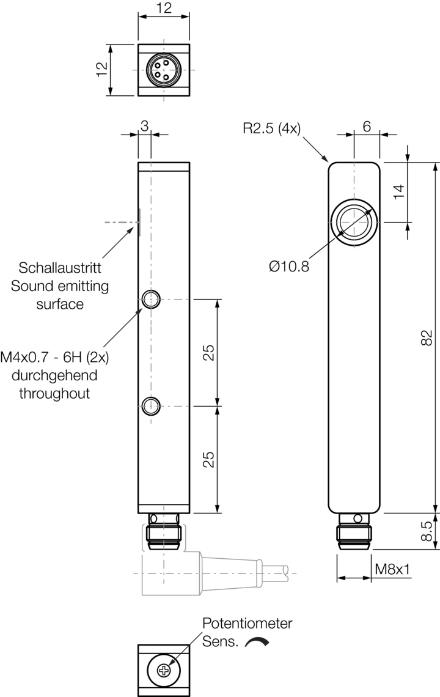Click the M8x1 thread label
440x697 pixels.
point(392,569)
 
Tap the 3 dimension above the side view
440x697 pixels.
point(144,126)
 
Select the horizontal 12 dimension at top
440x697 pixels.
point(164,8)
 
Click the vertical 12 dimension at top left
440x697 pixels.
point(102,69)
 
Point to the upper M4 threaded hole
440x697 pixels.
point(150,299)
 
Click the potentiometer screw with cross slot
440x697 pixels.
point(164,671)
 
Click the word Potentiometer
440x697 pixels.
point(248,624)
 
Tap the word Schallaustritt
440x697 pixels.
point(60,268)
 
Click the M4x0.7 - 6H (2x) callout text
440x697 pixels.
point(59,357)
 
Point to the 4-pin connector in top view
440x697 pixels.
point(163,70)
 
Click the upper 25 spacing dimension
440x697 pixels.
point(208,352)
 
